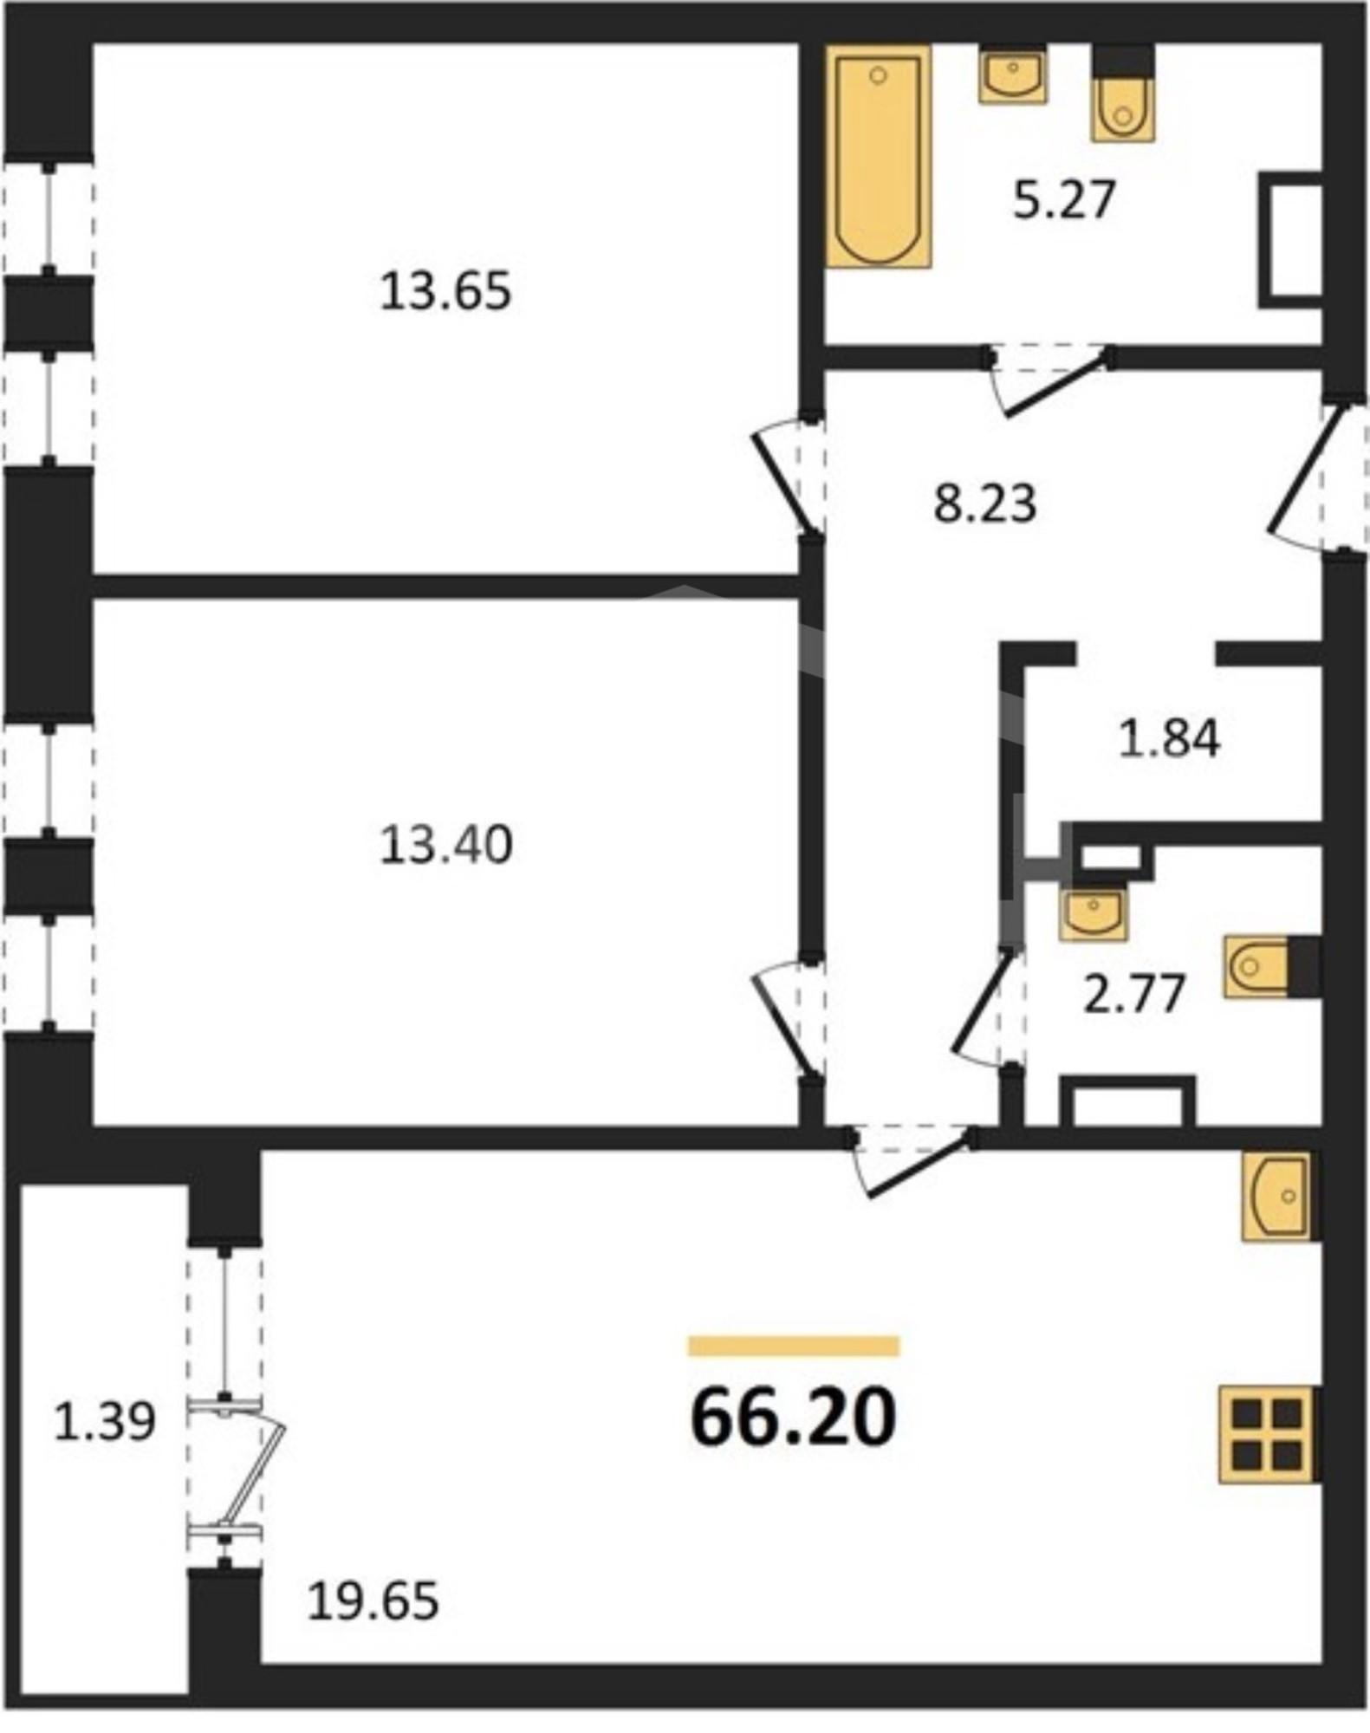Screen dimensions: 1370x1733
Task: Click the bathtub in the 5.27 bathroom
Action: [879, 157]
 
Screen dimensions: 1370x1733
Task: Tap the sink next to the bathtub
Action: [1013, 75]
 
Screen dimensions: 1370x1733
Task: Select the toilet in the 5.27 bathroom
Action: [1123, 93]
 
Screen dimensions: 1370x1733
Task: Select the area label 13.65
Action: [446, 291]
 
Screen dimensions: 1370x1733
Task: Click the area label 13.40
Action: [446, 845]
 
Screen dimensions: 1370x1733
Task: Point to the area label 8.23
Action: [985, 503]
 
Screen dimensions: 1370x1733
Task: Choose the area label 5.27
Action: [1063, 200]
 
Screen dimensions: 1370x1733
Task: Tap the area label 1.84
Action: [1169, 739]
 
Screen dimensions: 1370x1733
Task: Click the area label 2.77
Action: [1134, 994]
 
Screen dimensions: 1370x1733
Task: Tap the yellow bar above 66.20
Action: [794, 1346]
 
